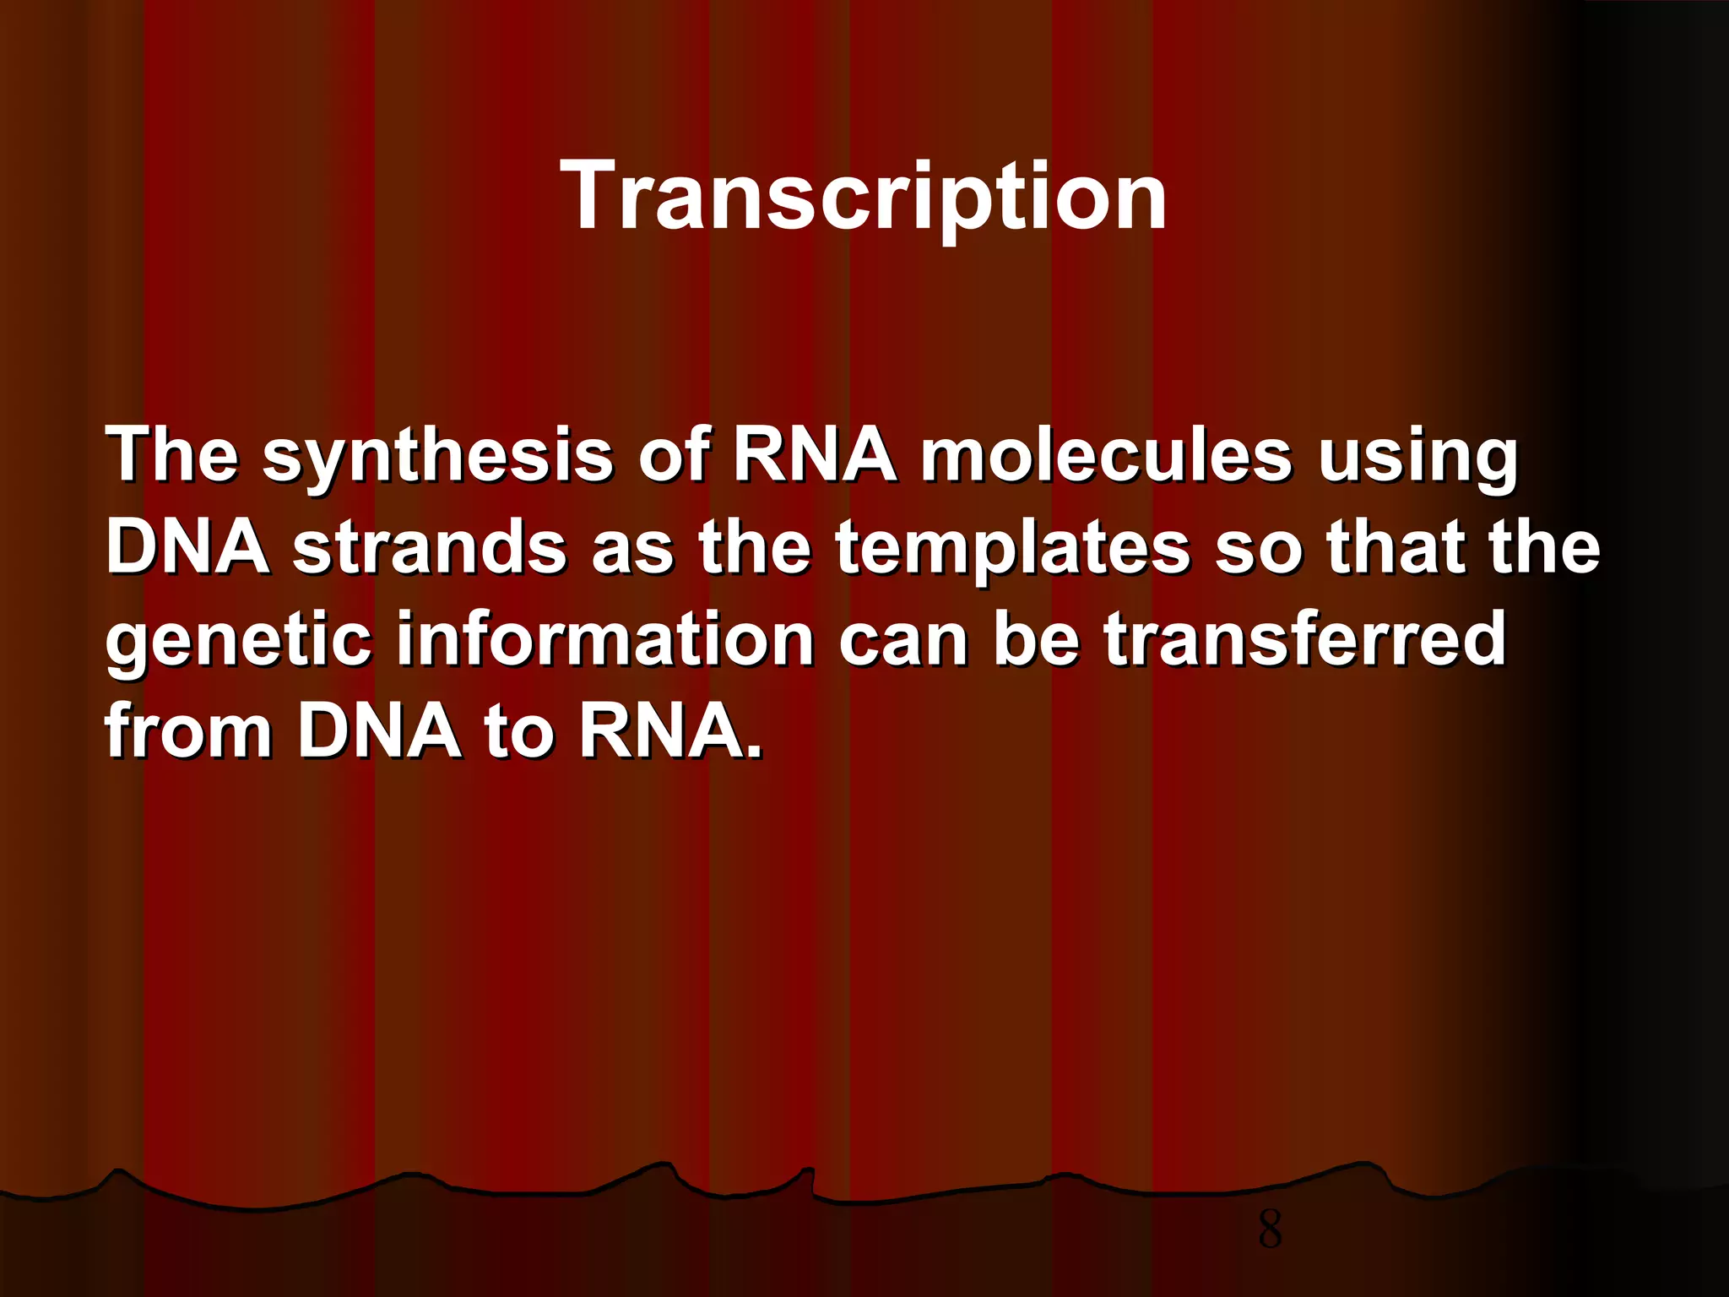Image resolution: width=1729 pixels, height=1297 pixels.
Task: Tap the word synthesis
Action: pos(436,457)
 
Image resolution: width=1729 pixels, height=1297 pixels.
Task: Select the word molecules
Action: pos(1105,457)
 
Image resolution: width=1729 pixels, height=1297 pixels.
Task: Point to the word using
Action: pos(1417,457)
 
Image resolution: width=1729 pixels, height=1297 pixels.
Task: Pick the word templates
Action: pos(1014,549)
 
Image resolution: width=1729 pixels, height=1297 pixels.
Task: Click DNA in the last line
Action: pos(379,730)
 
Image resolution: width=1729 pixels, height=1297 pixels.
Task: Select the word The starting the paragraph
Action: pos(172,457)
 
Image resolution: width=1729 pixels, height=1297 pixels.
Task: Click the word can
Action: pos(902,640)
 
